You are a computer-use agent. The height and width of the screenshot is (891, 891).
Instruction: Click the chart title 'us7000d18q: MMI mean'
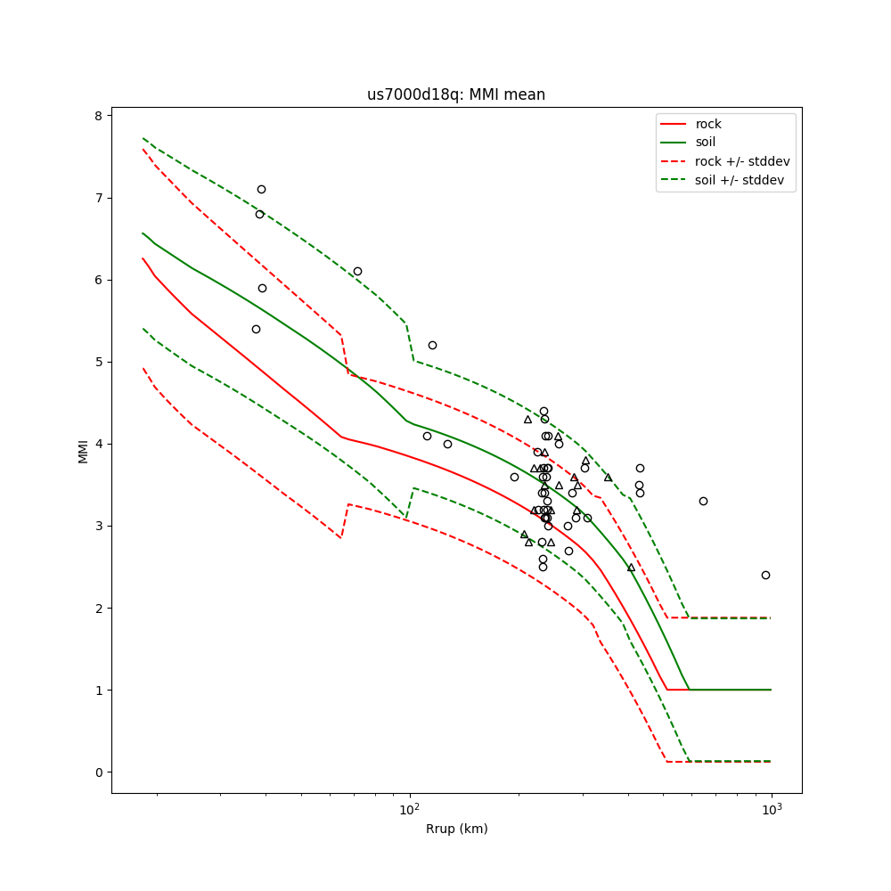456,94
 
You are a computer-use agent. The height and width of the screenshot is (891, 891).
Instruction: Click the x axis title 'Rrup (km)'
456,829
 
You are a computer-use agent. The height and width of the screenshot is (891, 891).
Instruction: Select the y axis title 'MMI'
83,451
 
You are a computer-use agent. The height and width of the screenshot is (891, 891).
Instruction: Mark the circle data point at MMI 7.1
261,189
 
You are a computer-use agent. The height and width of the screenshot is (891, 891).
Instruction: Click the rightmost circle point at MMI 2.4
765,575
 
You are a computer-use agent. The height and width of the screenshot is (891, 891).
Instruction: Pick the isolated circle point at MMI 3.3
703,501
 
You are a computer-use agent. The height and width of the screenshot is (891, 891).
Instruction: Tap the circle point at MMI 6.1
357,271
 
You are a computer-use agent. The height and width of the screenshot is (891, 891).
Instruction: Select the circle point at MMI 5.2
432,345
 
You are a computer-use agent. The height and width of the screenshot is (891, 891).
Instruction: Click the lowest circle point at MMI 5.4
256,329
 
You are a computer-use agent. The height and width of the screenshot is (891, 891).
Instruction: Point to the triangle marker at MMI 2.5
631,567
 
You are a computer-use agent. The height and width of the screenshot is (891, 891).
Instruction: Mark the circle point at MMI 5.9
262,288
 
